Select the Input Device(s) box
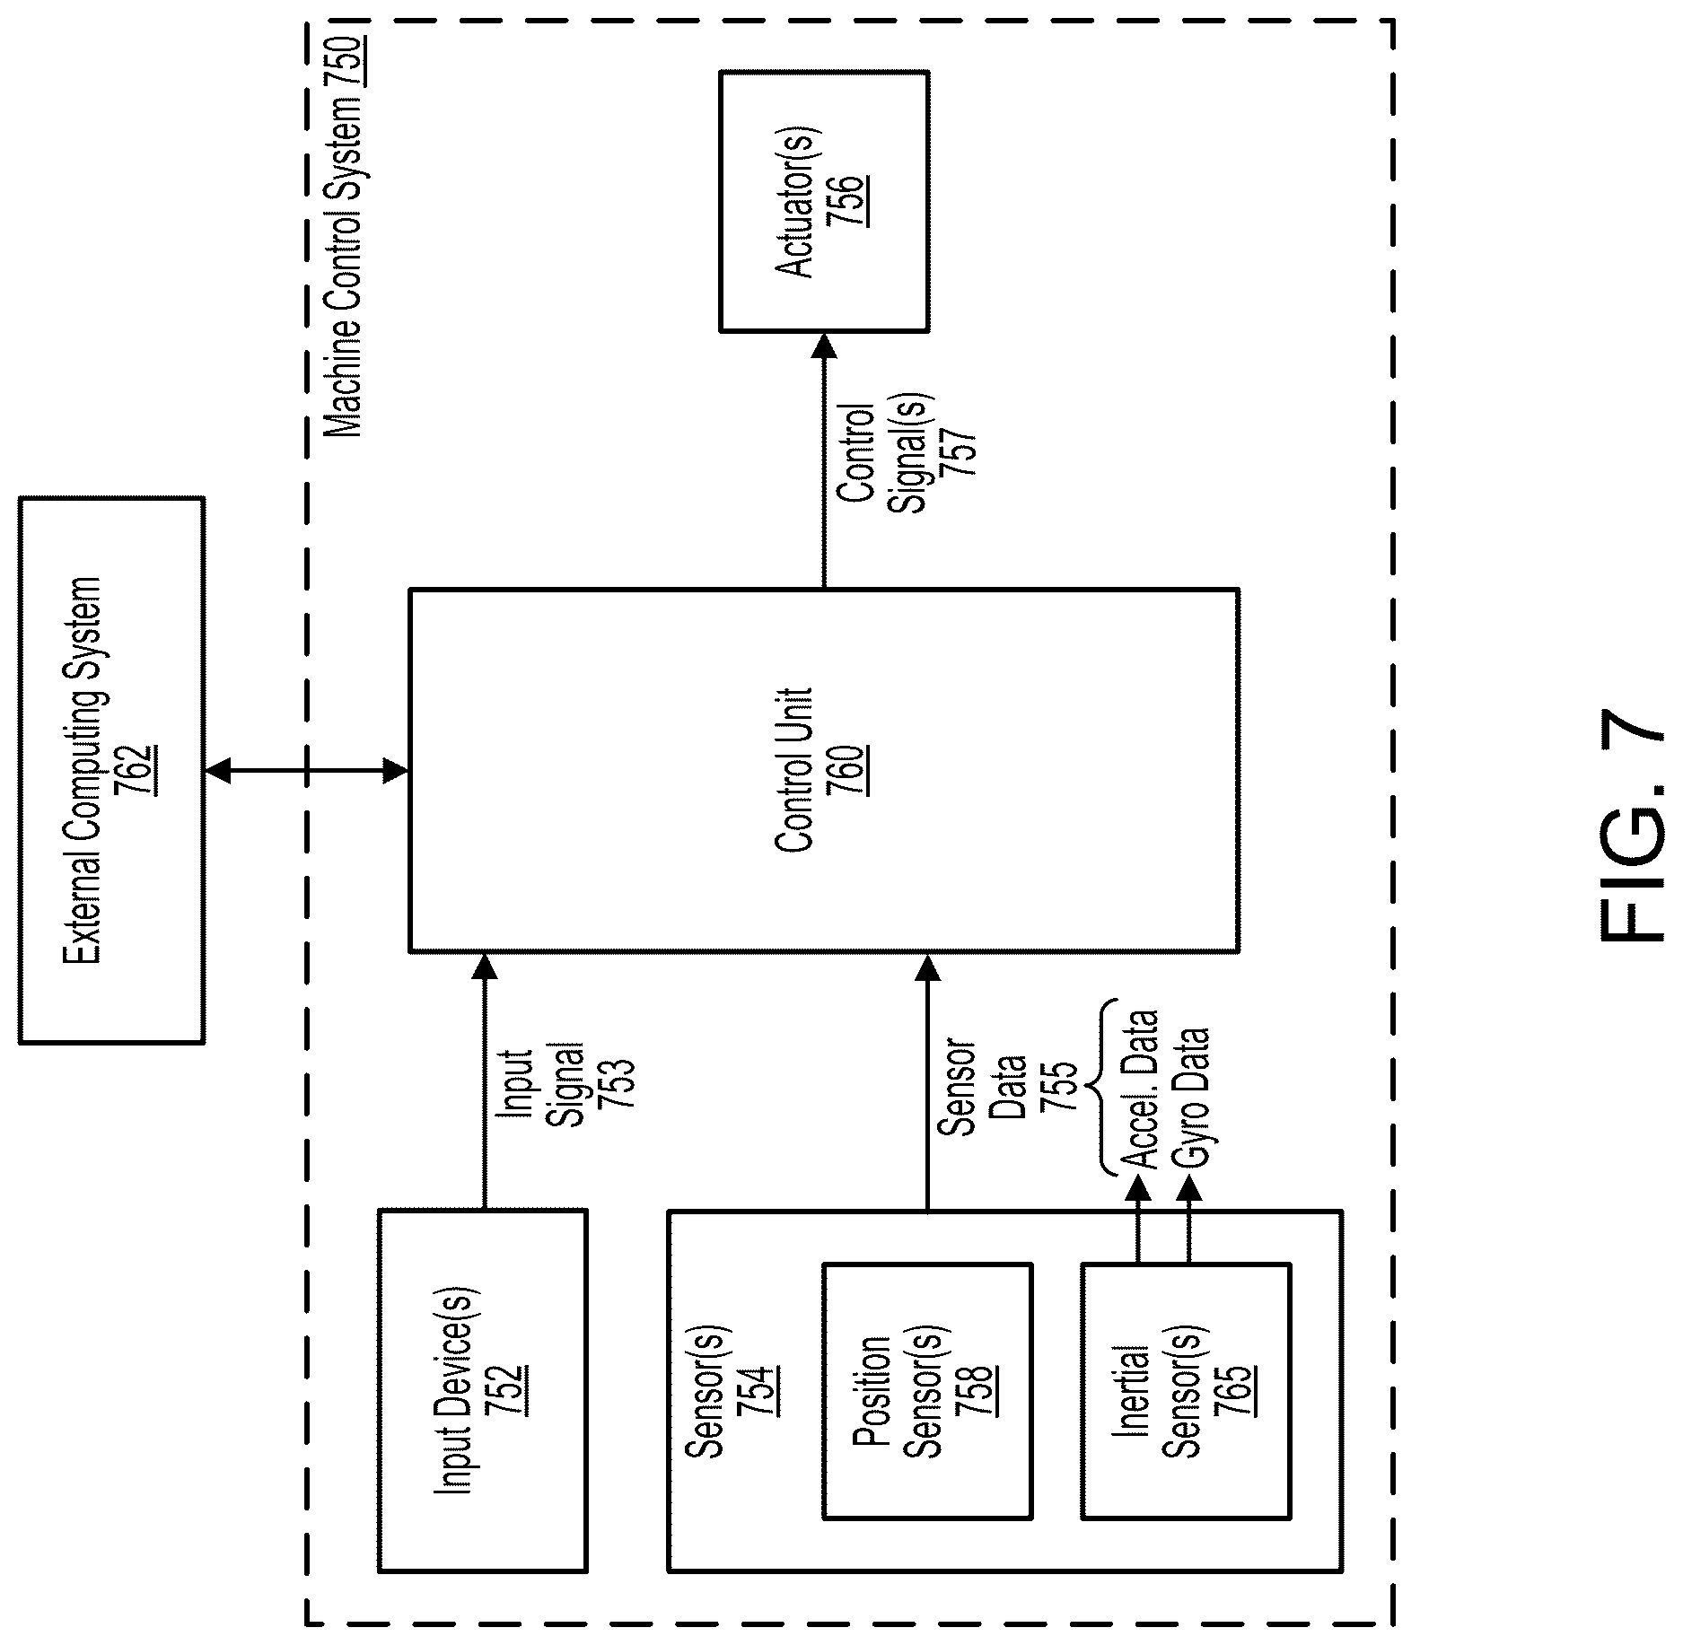(483, 1390)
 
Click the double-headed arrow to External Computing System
(306, 770)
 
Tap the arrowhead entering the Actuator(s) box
(824, 346)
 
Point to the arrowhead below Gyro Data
(1189, 1189)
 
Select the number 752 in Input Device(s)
(510, 1390)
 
